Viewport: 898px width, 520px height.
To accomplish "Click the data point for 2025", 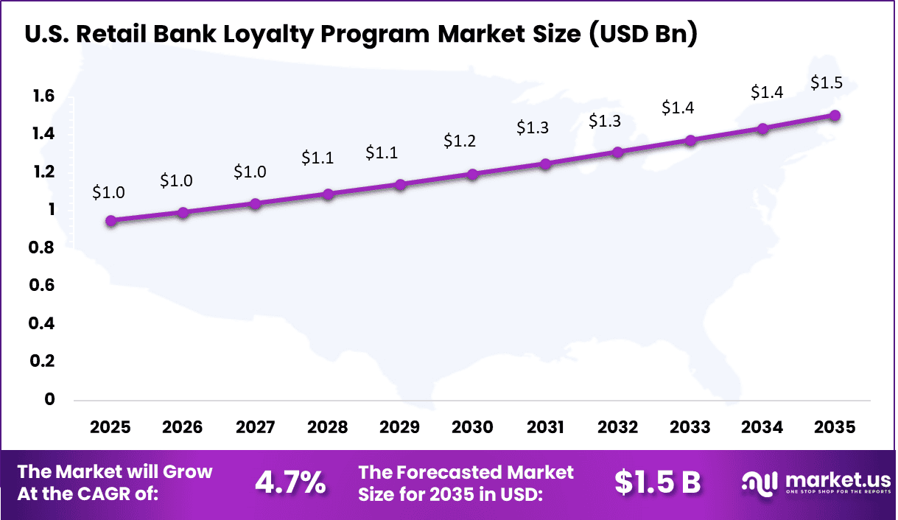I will tap(111, 220).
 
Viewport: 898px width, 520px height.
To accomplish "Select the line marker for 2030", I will tap(473, 175).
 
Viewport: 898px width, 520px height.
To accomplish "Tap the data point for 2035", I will tap(835, 116).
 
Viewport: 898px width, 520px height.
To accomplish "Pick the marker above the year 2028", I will tap(328, 194).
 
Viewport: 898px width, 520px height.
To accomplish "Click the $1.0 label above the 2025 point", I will tap(108, 192).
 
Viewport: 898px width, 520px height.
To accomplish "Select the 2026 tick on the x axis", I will tap(182, 427).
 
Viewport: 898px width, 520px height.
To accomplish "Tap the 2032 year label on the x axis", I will tap(617, 427).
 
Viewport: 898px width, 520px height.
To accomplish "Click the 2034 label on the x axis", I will tap(762, 427).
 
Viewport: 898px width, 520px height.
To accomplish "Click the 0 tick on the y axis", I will tap(50, 399).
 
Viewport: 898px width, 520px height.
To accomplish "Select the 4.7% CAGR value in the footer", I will tap(290, 482).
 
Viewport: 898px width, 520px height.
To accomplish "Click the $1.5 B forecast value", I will tap(657, 482).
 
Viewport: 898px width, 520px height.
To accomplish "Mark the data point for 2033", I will tap(690, 140).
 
